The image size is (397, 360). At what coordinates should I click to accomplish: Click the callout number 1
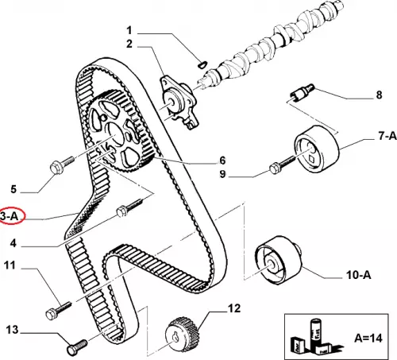[x=129, y=30]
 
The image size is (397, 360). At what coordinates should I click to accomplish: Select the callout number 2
[x=129, y=44]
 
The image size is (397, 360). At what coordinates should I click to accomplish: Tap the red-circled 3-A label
[x=10, y=216]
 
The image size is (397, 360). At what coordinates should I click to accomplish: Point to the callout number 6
[x=222, y=161]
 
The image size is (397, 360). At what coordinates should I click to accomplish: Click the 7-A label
[x=387, y=136]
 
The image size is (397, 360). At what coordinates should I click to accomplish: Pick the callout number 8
[x=379, y=95]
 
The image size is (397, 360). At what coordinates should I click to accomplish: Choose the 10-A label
[x=358, y=275]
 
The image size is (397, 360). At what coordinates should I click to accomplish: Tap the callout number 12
[x=234, y=308]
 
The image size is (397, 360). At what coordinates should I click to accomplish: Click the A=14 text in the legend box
[x=368, y=338]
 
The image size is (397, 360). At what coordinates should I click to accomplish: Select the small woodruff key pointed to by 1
[x=203, y=64]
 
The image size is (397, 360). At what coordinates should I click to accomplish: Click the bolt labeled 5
[x=61, y=165]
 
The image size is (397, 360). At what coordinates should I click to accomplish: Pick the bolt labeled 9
[x=281, y=164]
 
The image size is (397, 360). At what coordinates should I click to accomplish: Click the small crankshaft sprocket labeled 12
[x=182, y=335]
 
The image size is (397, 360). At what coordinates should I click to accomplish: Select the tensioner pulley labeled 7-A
[x=316, y=150]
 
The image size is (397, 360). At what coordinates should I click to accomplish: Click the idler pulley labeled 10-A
[x=277, y=261]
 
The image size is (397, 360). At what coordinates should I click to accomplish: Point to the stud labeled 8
[x=300, y=93]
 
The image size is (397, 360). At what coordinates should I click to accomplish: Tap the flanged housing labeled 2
[x=179, y=102]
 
